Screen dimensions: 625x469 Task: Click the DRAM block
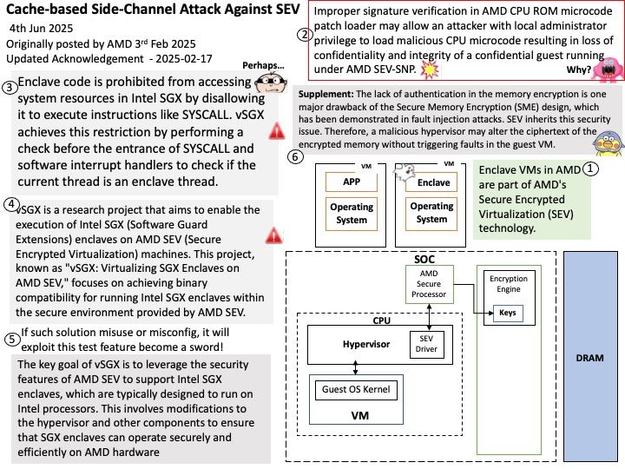pos(590,356)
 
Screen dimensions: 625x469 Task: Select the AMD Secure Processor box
pos(429,284)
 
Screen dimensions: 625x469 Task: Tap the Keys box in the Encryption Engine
pos(508,313)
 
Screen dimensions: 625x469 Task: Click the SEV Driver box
pos(426,344)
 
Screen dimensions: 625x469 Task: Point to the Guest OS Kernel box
pos(356,390)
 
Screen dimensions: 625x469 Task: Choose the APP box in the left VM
pos(352,182)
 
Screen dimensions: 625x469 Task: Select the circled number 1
pos(590,169)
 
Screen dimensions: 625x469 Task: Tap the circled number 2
pos(305,35)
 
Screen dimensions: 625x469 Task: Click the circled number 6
pos(295,156)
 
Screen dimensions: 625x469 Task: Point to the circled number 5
pos(12,340)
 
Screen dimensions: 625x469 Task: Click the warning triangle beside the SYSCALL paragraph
pos(276,131)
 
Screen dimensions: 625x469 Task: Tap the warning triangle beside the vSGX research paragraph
pos(273,235)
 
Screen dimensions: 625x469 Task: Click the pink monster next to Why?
pos(608,69)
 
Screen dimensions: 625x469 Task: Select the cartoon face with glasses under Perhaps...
pos(271,83)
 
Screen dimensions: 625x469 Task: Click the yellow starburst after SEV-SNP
pos(430,69)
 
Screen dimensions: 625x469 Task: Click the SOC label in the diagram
pos(424,260)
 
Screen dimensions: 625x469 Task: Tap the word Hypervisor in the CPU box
pos(366,344)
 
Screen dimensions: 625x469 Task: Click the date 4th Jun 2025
pos(41,29)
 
